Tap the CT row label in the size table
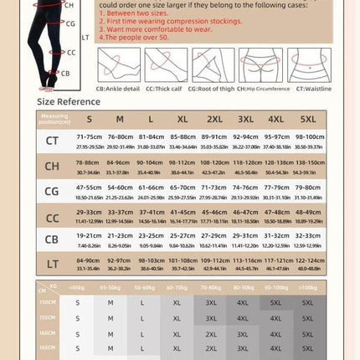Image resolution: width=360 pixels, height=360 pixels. [x=52, y=140]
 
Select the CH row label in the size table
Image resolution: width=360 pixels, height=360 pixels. [x=52, y=166]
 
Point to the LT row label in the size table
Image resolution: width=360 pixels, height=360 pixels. [x=52, y=264]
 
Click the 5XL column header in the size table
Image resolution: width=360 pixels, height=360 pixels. [x=308, y=119]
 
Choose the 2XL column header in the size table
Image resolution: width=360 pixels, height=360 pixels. [x=214, y=119]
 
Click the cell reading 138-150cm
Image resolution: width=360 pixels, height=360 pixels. [x=308, y=162]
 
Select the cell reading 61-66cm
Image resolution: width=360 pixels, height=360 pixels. [x=152, y=188]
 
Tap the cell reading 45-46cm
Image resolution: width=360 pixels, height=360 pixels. [x=214, y=213]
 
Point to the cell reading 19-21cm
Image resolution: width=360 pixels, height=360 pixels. [x=90, y=237]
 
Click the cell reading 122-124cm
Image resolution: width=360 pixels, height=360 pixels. [x=308, y=260]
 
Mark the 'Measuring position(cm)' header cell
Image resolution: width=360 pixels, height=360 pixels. [x=52, y=119]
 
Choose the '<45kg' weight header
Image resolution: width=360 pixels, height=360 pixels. [x=77, y=287]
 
